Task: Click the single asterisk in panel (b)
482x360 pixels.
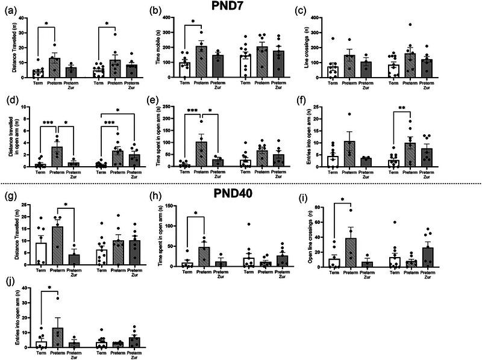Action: (193, 22)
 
